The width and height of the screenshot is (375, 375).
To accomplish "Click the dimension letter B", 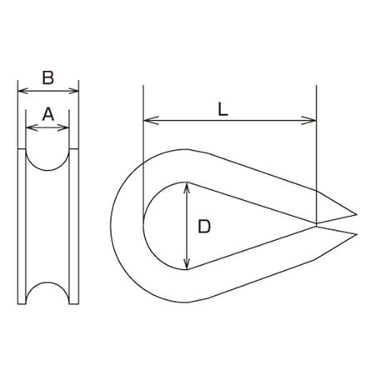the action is (48, 77).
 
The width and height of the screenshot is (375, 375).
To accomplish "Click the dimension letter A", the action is (48, 114).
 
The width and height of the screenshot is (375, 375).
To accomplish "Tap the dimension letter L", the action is (222, 109).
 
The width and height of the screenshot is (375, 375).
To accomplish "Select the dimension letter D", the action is (204, 227).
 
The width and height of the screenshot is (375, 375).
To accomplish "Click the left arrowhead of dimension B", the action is (22, 91).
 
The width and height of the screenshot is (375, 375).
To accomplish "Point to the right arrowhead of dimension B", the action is (73, 91).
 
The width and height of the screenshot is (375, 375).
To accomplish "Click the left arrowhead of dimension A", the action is (31, 127).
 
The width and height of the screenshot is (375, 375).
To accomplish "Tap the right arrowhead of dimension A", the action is (63, 127).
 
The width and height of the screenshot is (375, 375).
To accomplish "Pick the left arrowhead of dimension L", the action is (151, 121).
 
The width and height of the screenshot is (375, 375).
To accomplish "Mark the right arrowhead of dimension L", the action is (309, 121).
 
